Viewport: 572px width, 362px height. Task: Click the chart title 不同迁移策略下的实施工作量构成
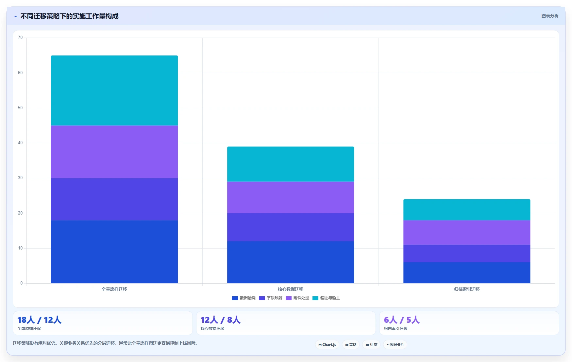pos(69,16)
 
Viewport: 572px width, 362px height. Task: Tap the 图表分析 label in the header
pos(550,16)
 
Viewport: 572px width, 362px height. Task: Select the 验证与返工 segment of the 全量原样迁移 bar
pos(114,90)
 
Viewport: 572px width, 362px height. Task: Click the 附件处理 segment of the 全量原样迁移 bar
pos(114,152)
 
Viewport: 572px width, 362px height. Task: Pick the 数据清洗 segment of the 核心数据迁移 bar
pos(291,262)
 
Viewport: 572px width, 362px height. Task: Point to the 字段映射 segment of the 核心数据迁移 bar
pos(291,227)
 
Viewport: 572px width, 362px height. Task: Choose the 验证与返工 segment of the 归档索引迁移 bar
pos(467,210)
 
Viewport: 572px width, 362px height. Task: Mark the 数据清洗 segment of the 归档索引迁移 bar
pos(467,273)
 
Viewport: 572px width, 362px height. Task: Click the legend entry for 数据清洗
pos(244,298)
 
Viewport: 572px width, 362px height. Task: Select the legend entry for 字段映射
pos(271,298)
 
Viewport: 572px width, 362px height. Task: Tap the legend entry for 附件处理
pos(297,298)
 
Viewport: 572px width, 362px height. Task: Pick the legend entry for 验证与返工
pos(326,298)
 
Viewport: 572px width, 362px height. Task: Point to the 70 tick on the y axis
pos(20,38)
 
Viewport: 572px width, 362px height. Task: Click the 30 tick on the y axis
pos(20,178)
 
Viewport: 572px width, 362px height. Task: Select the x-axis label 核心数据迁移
pos(291,289)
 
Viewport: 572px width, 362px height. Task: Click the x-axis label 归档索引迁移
pos(467,289)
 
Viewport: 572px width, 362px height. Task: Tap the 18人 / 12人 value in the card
pos(39,320)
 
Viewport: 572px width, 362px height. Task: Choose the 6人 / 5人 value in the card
pos(402,320)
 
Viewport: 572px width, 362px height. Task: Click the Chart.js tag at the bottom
pos(327,345)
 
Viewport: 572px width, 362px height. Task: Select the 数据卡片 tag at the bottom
pos(395,345)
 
